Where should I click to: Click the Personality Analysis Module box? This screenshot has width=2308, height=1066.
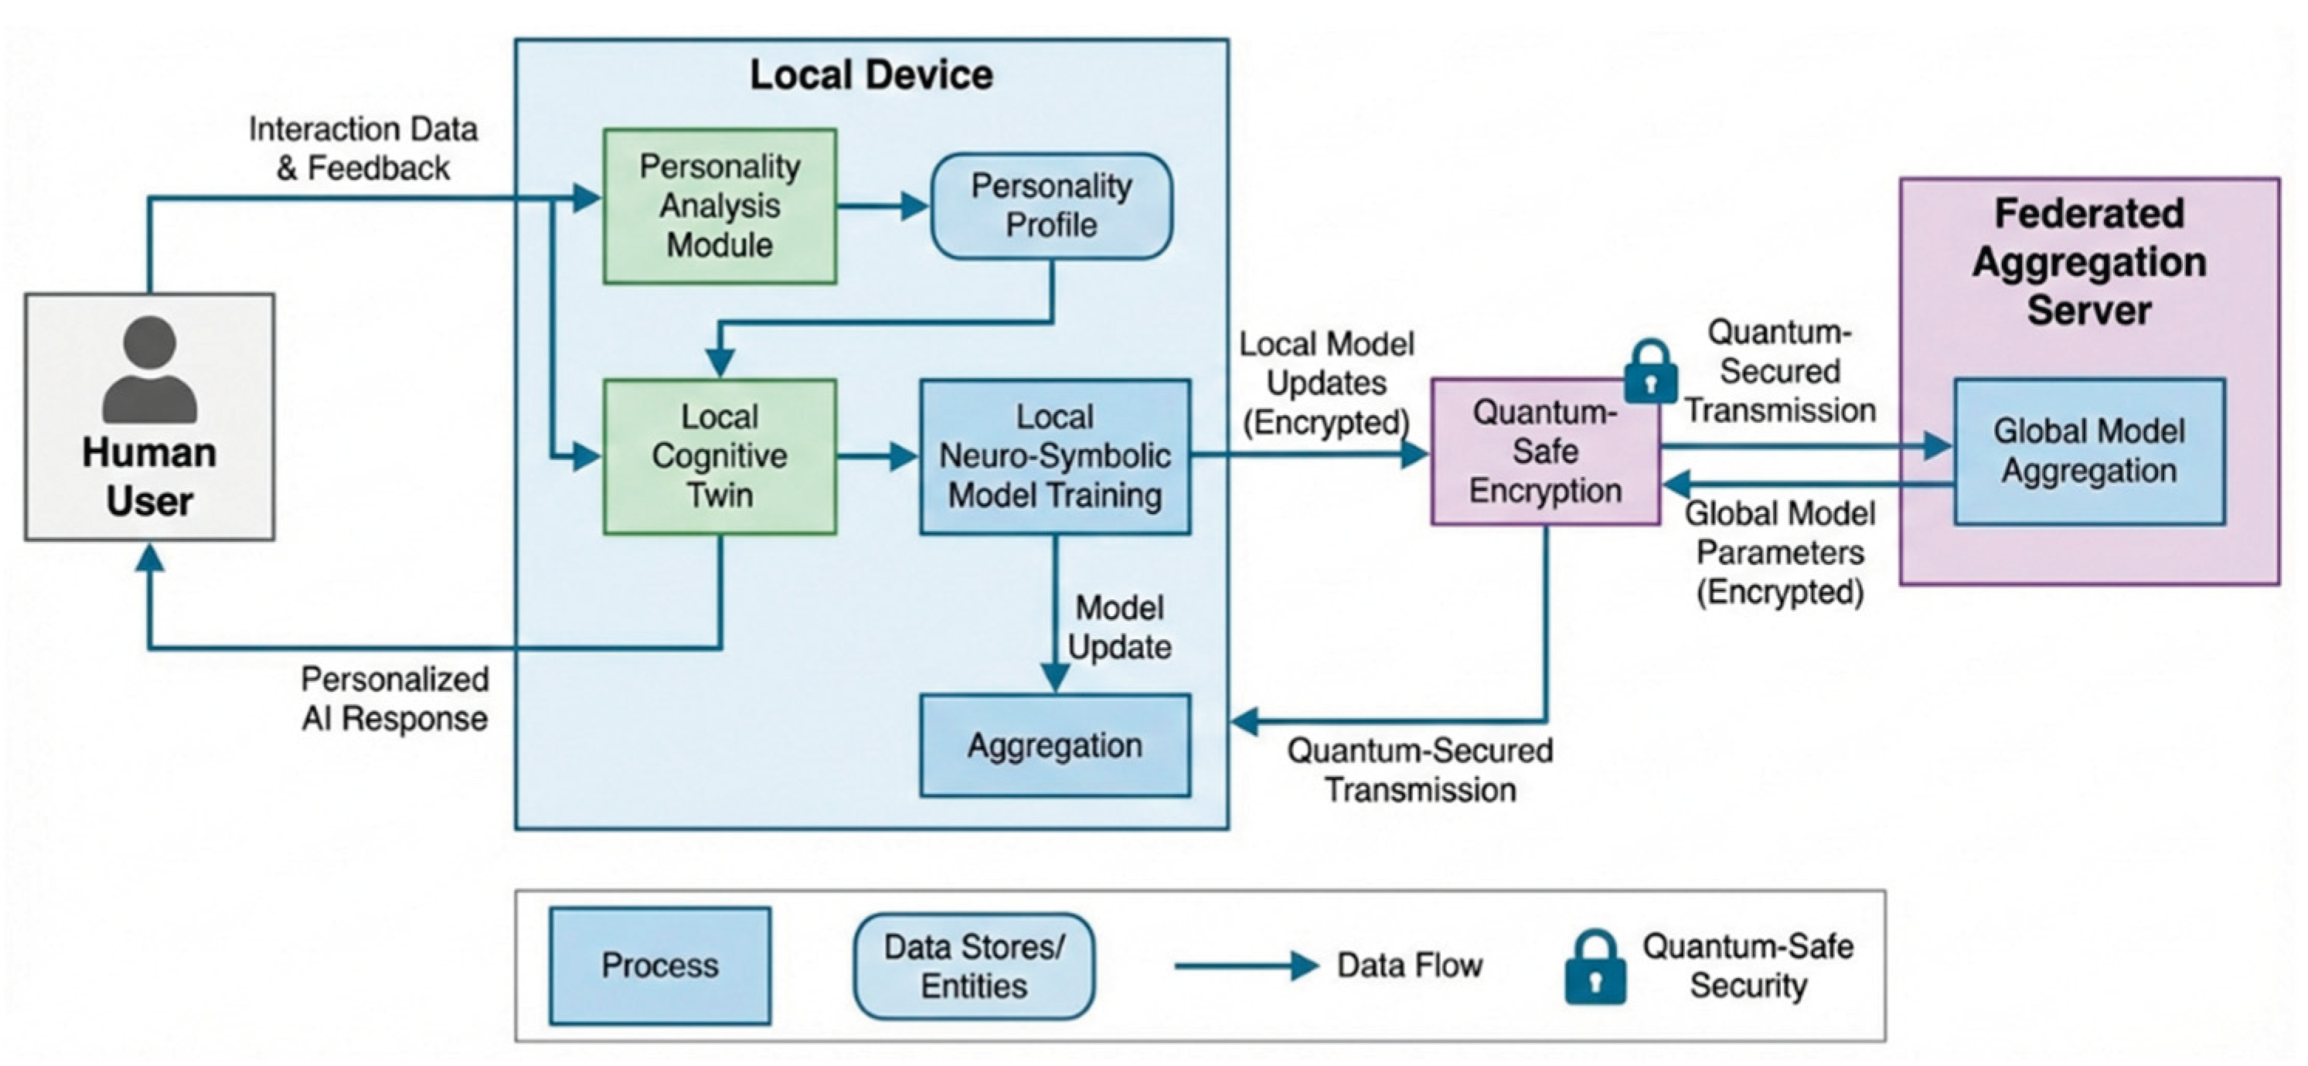720,206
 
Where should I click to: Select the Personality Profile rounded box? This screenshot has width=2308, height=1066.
1051,206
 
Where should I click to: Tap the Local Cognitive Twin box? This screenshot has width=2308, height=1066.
720,456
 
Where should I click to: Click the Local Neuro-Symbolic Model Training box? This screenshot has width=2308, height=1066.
1054,456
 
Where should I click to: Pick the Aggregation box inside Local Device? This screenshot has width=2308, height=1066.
1054,745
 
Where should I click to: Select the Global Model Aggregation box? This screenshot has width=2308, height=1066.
2088,451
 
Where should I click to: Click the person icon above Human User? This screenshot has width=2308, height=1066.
150,368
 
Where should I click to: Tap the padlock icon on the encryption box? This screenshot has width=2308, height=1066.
1650,371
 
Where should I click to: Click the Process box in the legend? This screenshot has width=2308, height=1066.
659,965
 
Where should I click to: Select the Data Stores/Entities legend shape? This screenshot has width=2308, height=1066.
974,966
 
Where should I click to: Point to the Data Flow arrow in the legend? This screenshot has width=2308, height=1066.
1245,966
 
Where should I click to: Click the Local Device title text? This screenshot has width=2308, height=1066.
871,75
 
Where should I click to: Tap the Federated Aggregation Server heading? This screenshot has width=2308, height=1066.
2088,261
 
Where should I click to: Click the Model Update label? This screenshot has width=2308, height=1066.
1119,627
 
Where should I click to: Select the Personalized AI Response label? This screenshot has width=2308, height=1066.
395,699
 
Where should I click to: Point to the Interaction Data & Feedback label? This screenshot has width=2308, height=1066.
363,148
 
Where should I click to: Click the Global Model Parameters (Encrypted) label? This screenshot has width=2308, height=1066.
1779,553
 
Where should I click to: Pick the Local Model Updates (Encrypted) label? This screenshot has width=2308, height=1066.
1326,383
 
